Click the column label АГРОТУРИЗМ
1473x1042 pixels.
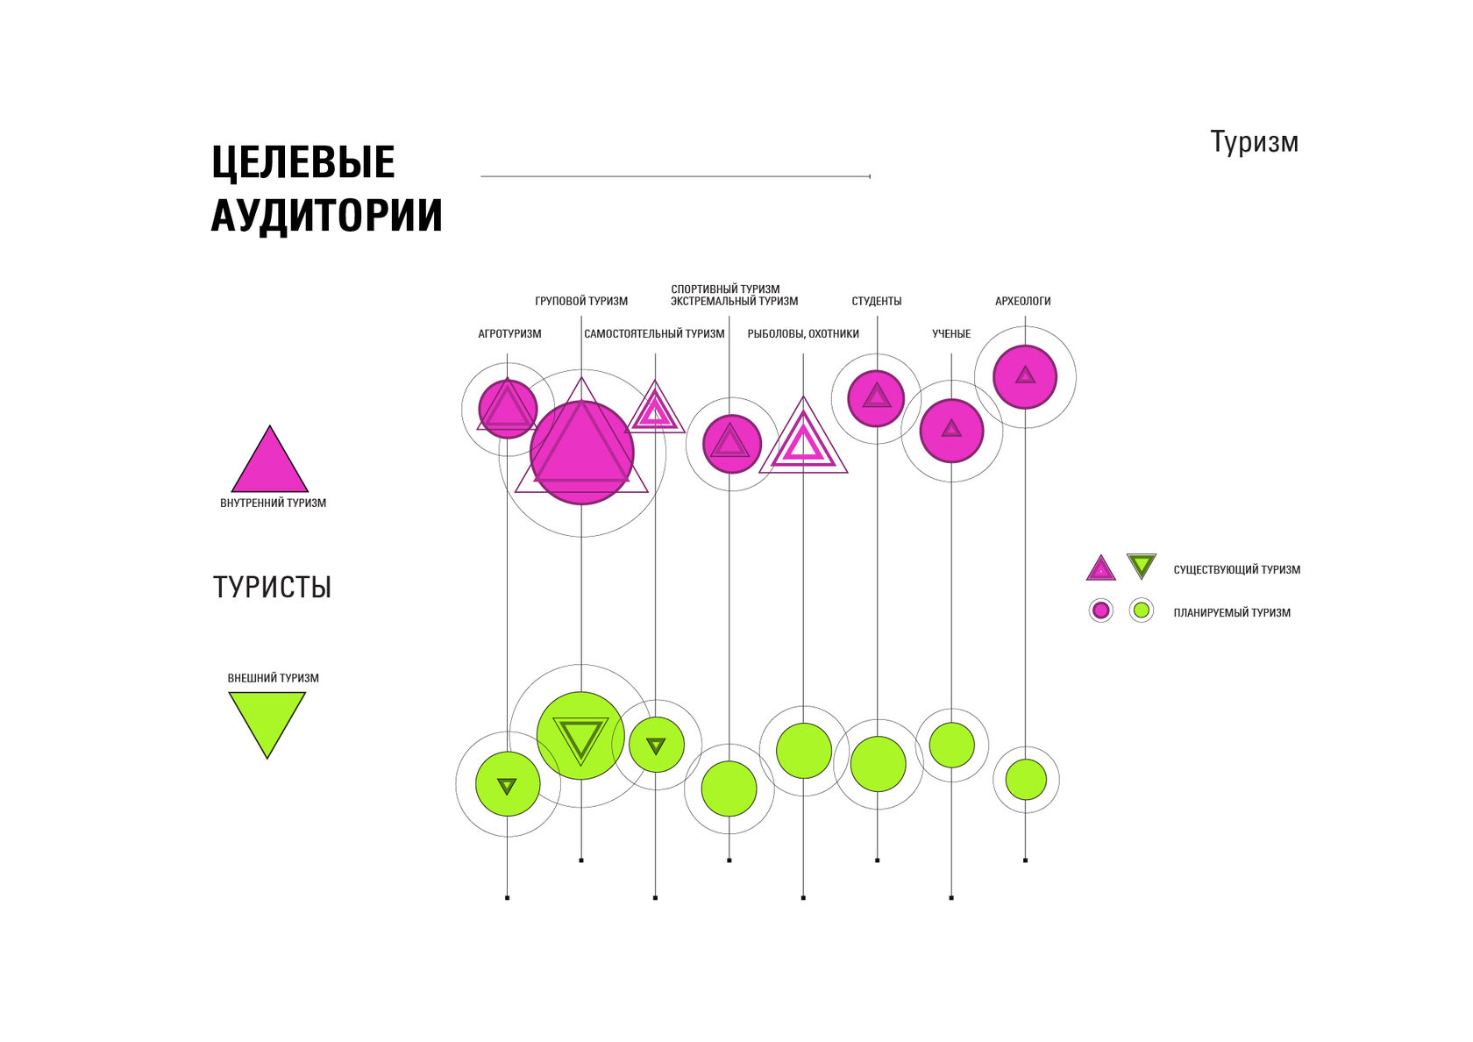click(509, 334)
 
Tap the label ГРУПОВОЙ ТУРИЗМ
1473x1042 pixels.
click(581, 302)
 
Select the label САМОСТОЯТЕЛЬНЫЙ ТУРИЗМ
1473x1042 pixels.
click(654, 334)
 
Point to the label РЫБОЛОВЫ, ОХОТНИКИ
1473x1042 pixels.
click(803, 334)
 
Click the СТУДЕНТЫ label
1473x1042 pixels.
click(877, 302)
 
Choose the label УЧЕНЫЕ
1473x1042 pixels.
click(951, 334)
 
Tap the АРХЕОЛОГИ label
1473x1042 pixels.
click(1022, 302)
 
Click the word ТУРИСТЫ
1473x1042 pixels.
click(272, 588)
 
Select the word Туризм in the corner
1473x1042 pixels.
click(1254, 142)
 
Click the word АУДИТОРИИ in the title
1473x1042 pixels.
click(326, 216)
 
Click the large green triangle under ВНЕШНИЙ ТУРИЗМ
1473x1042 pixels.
click(267, 719)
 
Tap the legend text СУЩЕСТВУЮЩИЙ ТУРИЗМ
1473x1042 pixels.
click(1236, 570)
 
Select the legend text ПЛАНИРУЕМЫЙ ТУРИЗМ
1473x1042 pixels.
click(1232, 613)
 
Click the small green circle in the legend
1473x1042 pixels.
click(1141, 610)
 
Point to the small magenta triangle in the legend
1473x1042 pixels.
click(1100, 569)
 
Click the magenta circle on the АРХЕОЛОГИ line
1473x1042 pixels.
click(1025, 377)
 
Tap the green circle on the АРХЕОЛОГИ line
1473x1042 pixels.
click(1025, 779)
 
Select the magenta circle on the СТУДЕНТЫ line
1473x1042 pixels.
click(877, 399)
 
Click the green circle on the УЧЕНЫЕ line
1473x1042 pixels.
click(951, 746)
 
